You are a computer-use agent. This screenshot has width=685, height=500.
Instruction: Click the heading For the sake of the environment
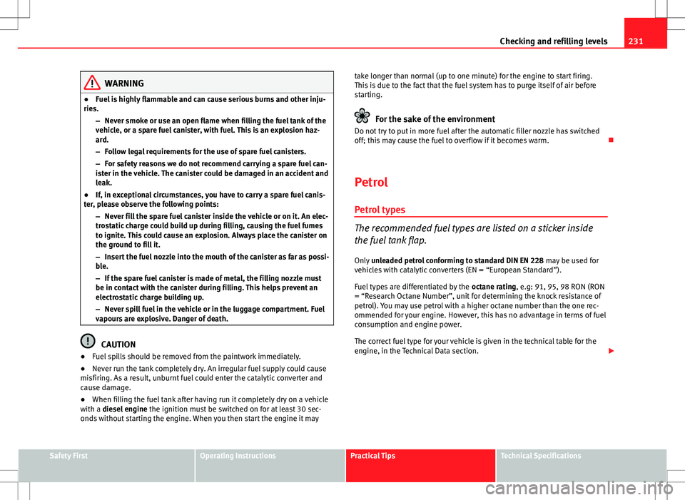click(x=435, y=119)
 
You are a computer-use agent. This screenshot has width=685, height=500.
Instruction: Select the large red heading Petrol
click(x=371, y=182)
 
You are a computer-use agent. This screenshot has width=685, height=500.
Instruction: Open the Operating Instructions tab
click(x=235, y=456)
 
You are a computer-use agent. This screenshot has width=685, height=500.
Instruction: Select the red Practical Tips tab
click(x=372, y=456)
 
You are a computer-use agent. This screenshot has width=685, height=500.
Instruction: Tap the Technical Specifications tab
click(x=541, y=456)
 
